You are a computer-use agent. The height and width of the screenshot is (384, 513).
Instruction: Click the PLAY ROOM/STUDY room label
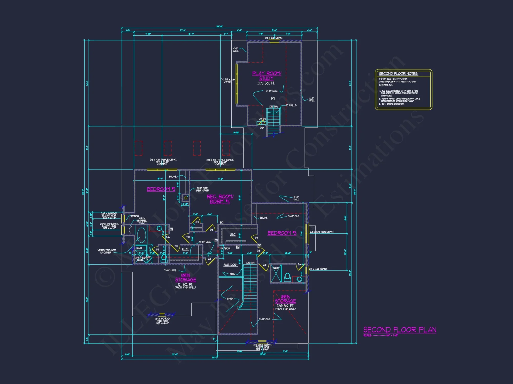click(x=267, y=76)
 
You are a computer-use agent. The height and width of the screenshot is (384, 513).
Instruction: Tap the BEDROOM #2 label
click(x=161, y=189)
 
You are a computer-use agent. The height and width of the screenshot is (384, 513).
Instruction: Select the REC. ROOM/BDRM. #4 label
click(x=220, y=199)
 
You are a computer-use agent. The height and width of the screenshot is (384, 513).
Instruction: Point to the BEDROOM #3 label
click(x=282, y=233)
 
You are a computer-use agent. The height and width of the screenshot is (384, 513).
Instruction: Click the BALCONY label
click(x=231, y=265)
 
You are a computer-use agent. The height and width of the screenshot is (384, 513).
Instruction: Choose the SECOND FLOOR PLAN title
click(x=400, y=330)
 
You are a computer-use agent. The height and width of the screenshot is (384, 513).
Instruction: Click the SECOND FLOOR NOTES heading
click(x=398, y=74)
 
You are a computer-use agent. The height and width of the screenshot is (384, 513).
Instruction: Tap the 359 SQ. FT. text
click(x=266, y=83)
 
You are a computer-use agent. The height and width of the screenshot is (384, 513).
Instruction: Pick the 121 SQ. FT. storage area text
click(x=185, y=284)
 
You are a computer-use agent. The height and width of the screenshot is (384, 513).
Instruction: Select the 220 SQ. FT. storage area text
click(x=285, y=306)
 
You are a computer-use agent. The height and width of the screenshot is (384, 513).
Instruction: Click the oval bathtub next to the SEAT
click(x=141, y=235)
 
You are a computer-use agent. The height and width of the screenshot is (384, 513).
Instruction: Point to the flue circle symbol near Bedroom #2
click(x=186, y=198)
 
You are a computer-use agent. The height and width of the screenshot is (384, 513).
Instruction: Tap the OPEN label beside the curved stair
click(x=230, y=299)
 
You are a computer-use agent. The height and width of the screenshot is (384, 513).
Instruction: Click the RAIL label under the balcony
click(x=232, y=274)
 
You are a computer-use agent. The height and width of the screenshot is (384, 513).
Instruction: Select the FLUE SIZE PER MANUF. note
click(x=203, y=189)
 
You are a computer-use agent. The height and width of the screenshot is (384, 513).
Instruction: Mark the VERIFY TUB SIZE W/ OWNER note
click(x=106, y=251)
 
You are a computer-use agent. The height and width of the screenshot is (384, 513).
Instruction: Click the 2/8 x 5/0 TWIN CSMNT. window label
click(x=322, y=232)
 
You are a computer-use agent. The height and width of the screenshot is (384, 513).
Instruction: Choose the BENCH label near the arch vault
click(x=135, y=216)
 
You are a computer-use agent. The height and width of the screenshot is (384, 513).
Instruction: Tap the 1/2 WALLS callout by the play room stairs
click(x=291, y=105)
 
